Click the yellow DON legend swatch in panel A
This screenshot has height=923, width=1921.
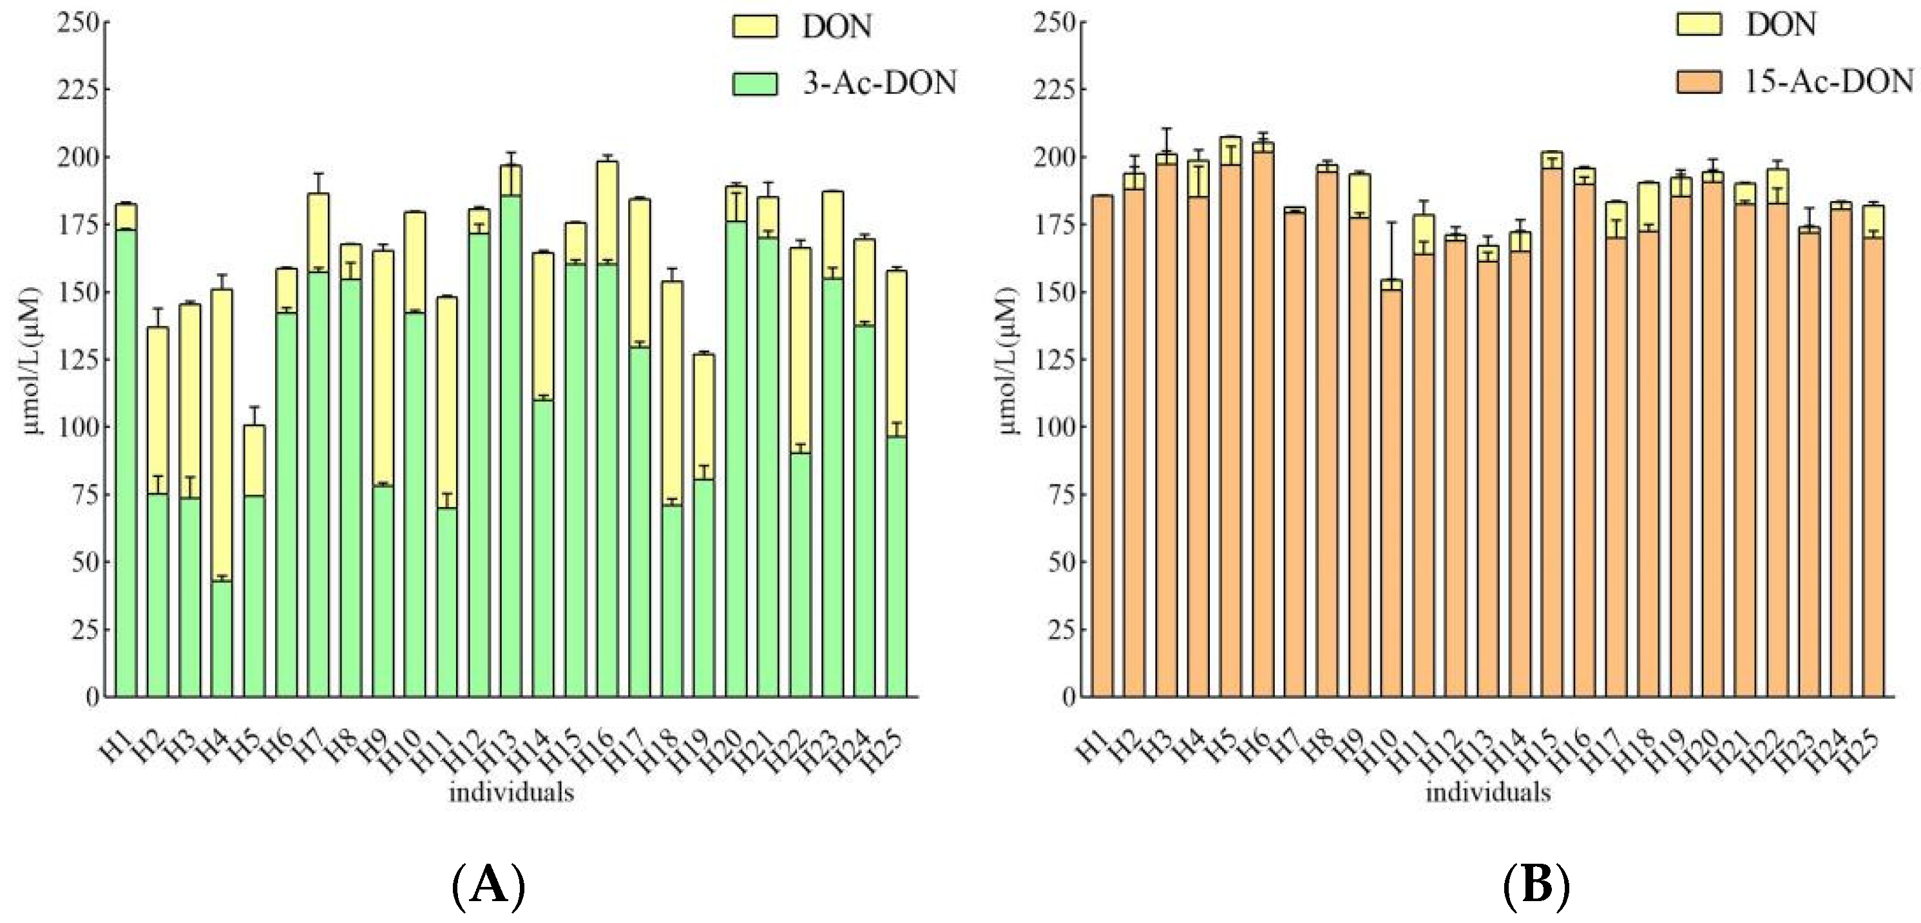(x=755, y=27)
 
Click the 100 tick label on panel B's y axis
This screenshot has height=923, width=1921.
(x=1053, y=427)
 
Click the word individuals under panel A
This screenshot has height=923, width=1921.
(x=511, y=792)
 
